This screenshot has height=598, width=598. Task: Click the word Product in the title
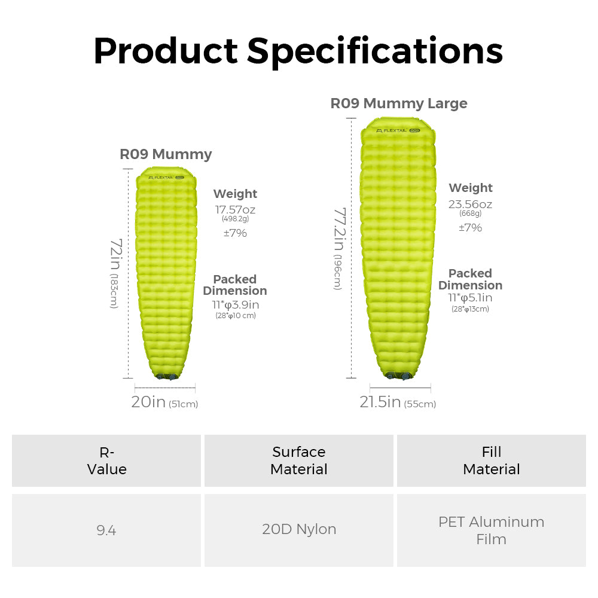tap(166, 51)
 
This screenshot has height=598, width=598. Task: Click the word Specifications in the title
tap(375, 51)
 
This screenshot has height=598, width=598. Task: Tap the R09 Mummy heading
tap(166, 154)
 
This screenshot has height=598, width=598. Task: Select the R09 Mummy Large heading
tap(399, 103)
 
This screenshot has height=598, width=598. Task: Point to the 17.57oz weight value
tap(235, 209)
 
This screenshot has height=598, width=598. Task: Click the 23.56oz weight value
tap(471, 204)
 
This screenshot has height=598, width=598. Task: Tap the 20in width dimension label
tap(148, 402)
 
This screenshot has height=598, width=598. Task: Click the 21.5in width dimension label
tap(380, 402)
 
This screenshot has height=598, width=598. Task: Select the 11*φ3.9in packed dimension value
tap(235, 304)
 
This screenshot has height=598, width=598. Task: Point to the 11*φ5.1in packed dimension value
tap(470, 298)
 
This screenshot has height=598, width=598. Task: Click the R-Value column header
tap(106, 460)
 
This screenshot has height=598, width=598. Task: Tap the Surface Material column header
tap(299, 460)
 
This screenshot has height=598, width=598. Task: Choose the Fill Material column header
tap(491, 460)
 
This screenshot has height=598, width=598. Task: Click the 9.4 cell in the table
tap(106, 530)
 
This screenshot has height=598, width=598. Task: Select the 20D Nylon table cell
tap(299, 529)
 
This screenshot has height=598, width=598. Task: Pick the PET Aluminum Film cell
tap(491, 530)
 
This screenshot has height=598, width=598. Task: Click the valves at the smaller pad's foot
tap(166, 376)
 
